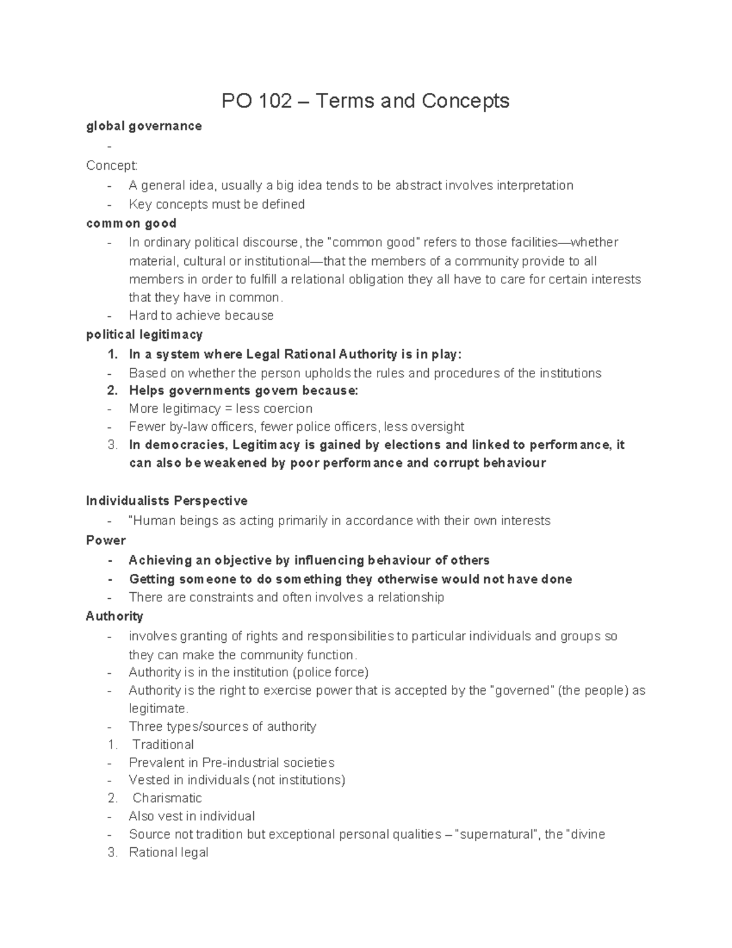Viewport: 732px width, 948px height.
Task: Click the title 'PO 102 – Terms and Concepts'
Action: pos(365,101)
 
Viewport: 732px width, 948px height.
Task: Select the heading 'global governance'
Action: pos(144,126)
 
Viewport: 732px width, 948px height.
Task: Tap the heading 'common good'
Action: pos(131,223)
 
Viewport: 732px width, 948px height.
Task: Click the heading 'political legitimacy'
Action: pos(144,335)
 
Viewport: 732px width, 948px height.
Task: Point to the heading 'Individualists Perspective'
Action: pos(167,501)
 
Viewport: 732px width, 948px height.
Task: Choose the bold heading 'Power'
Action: pos(106,541)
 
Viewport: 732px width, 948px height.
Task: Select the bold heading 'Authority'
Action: pos(115,617)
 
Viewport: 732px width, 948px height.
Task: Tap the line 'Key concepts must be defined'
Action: pos(217,204)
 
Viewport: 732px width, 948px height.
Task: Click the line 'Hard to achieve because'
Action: pos(201,316)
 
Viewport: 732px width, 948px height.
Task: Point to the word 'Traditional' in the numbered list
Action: pos(163,745)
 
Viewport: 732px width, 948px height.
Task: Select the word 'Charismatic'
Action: pos(167,798)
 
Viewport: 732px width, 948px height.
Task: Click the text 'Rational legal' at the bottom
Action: pos(168,853)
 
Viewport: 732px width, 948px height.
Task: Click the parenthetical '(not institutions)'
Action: pos(298,780)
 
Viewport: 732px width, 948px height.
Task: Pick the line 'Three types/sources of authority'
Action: pos(222,727)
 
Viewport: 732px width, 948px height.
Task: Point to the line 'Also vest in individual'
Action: pos(192,817)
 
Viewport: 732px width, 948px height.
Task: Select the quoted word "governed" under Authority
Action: pos(522,691)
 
